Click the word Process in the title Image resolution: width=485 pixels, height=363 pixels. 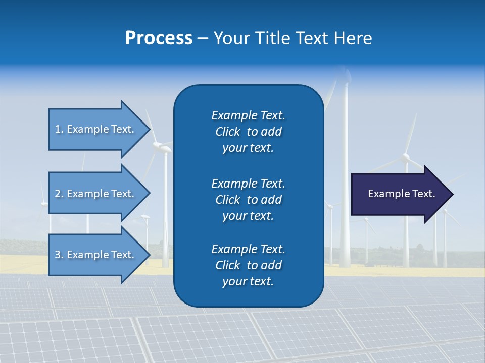click(x=159, y=38)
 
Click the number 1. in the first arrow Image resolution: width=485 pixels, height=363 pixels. click(x=59, y=130)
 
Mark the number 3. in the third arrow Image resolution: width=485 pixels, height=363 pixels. click(x=59, y=255)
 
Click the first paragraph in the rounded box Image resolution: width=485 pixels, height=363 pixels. click(x=248, y=132)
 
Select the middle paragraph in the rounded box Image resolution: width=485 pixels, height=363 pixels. click(x=248, y=199)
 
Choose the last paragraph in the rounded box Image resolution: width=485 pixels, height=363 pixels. click(x=248, y=265)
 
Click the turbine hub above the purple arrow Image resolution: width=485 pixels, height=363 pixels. click(x=405, y=159)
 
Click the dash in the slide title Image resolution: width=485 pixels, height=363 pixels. click(x=203, y=39)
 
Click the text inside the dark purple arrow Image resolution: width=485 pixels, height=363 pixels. click(x=401, y=194)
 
